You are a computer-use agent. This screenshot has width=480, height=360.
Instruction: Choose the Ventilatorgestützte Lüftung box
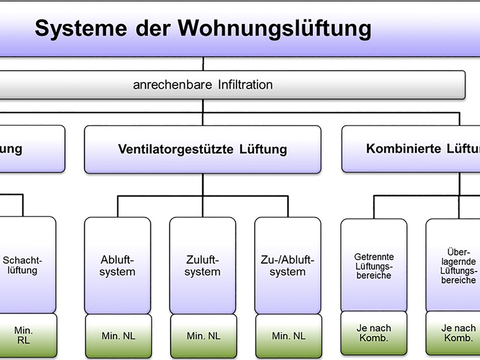(x=202, y=149)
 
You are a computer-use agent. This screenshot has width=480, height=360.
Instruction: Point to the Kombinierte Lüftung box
(x=412, y=149)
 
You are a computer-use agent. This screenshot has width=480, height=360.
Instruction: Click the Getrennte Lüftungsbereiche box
(x=374, y=266)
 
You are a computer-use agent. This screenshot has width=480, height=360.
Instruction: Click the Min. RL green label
(x=23, y=335)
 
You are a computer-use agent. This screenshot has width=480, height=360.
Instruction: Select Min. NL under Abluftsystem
(x=118, y=336)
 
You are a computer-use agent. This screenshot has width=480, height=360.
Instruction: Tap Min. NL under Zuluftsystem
(x=203, y=336)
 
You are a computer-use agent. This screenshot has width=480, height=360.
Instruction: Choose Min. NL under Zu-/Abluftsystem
(x=289, y=336)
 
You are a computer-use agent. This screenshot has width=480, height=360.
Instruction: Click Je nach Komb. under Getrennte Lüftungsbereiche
(x=374, y=333)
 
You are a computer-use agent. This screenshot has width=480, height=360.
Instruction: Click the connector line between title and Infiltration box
(x=203, y=64)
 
